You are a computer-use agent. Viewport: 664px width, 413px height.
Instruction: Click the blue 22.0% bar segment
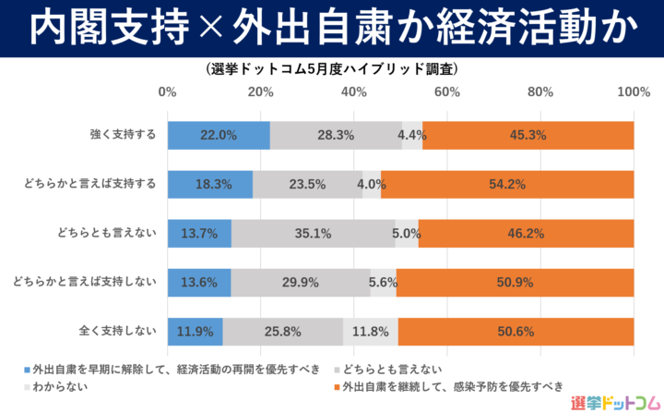[219, 135]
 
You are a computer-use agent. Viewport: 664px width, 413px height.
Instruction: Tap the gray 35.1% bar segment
[313, 233]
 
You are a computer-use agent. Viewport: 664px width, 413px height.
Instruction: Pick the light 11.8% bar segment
[371, 330]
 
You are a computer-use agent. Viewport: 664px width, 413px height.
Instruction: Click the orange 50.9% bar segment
[515, 282]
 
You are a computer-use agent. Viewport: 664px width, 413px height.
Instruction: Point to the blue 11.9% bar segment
[195, 330]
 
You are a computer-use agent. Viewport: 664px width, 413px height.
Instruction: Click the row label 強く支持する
[123, 135]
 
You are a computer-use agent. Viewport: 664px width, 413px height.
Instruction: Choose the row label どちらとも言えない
[108, 233]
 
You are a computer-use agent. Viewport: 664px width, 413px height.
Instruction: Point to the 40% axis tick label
[353, 92]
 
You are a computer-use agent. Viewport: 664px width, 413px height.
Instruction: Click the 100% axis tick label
[633, 92]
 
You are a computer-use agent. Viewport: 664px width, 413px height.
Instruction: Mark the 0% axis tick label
[167, 92]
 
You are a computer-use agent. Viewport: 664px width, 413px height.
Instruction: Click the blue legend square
[26, 369]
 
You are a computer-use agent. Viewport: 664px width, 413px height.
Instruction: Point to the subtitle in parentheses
[332, 69]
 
